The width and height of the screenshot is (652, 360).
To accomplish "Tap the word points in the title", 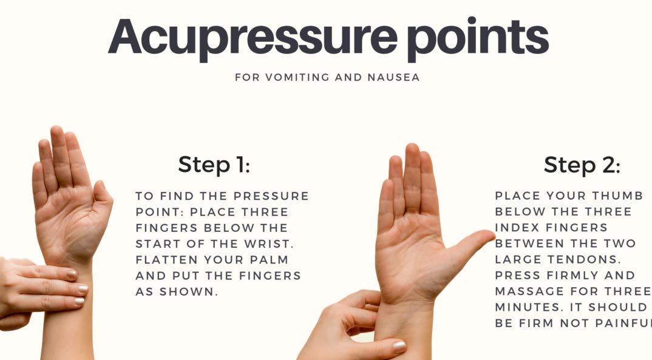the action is pyautogui.click(x=478, y=38).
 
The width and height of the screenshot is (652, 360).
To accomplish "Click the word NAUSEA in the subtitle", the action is pyautogui.click(x=393, y=77).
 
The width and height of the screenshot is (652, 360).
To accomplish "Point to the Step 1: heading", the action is pyautogui.click(x=214, y=165).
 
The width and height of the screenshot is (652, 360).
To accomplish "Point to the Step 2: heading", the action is pyautogui.click(x=582, y=165).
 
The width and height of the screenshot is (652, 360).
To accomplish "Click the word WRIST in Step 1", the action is pyautogui.click(x=268, y=243).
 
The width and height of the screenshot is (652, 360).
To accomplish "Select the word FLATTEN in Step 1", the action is pyautogui.click(x=161, y=260).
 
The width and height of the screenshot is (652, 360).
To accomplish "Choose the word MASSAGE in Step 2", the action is pyautogui.click(x=530, y=291).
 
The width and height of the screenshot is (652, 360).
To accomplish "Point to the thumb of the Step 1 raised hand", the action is pyautogui.click(x=102, y=200).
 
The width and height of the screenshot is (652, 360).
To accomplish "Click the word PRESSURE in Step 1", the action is pyautogui.click(x=271, y=196).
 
